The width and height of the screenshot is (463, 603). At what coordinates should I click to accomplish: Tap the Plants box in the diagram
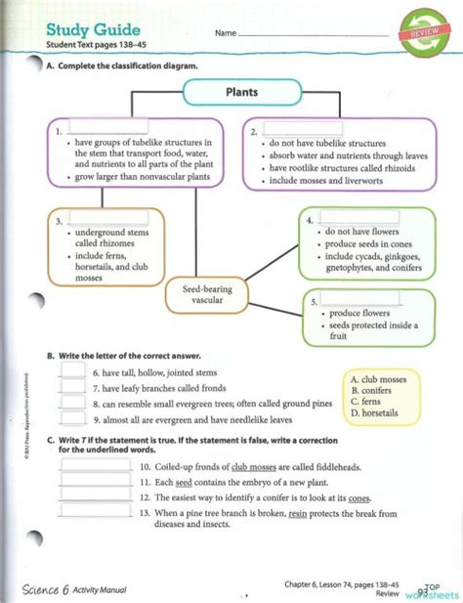coord(239,93)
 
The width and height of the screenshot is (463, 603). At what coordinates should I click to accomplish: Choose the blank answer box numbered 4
coord(353,220)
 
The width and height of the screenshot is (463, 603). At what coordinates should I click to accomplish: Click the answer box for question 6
coord(72,373)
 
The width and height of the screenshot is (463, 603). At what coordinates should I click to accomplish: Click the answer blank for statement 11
coord(95,482)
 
